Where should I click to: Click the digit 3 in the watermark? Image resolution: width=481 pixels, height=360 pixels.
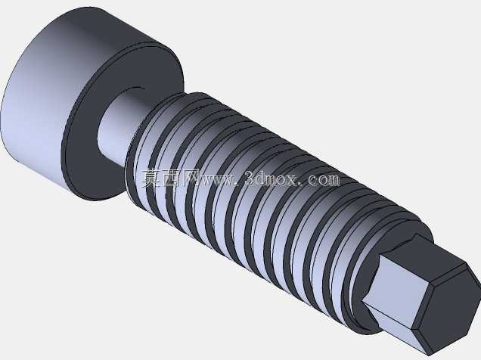[x=250, y=178]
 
